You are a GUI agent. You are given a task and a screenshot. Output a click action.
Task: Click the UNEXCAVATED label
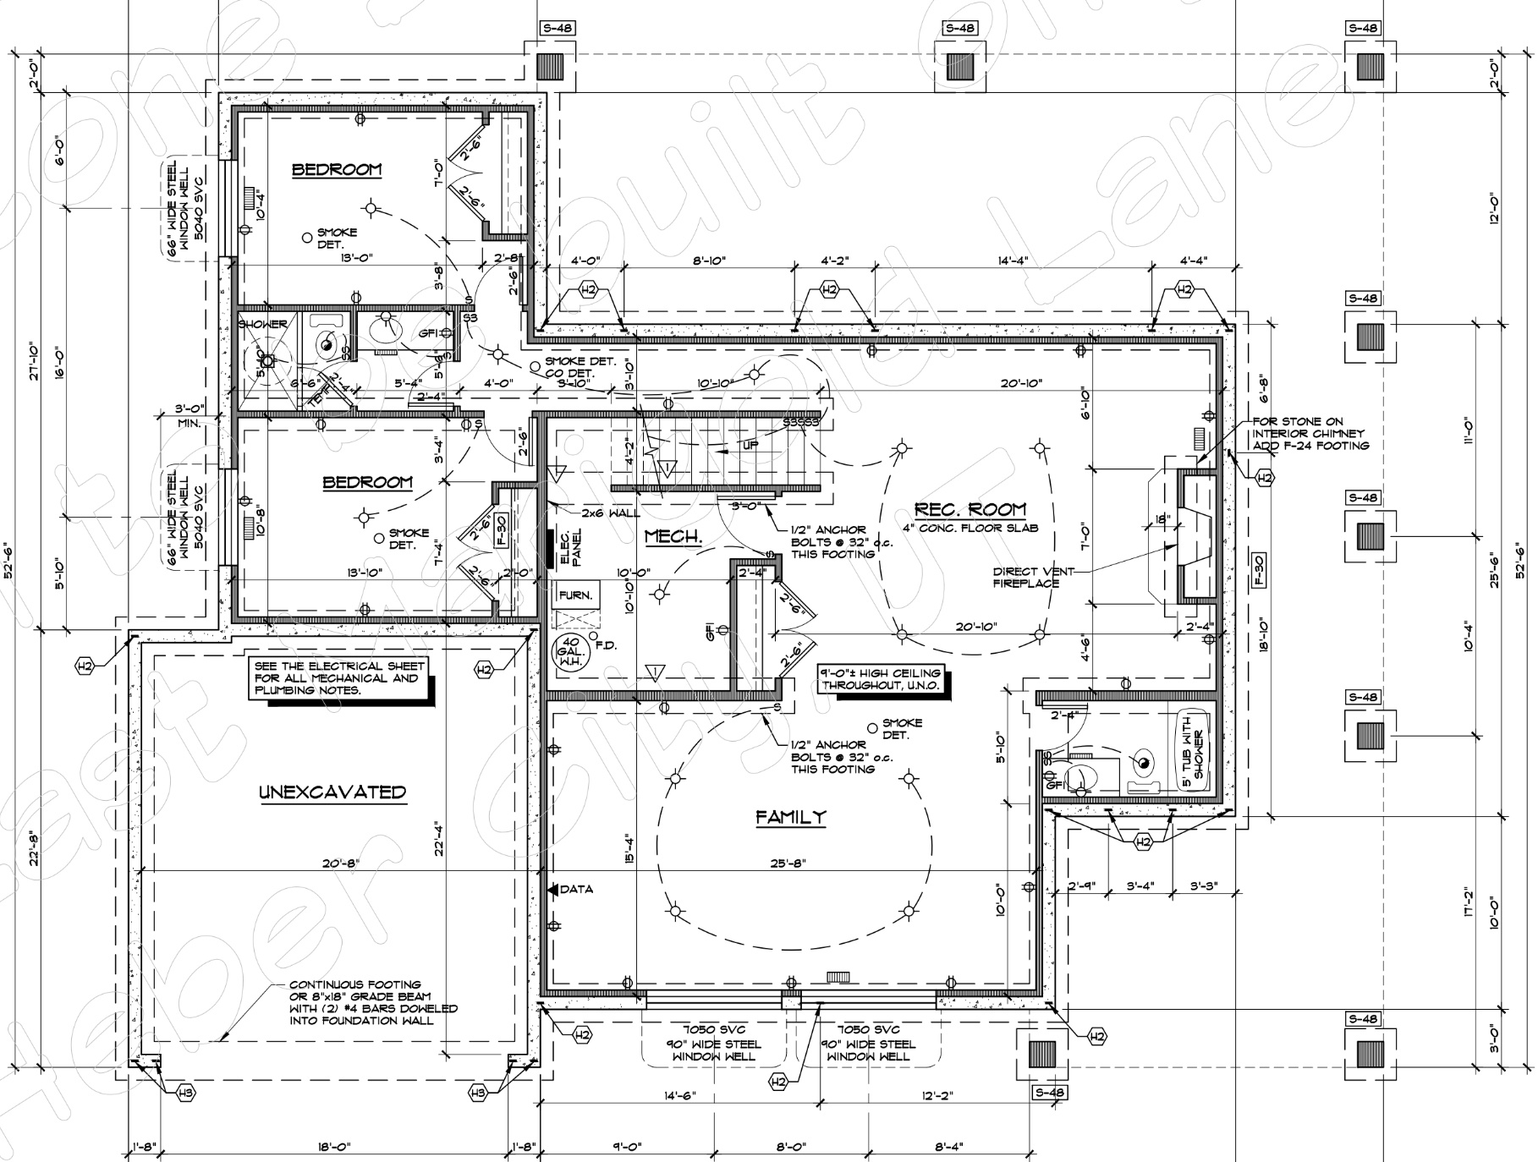[332, 792]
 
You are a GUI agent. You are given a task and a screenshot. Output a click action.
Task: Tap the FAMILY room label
[790, 817]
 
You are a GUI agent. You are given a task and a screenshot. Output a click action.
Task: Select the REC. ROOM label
[969, 509]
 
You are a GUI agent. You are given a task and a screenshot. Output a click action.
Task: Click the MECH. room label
[673, 536]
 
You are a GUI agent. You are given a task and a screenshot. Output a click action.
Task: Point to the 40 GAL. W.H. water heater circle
[568, 652]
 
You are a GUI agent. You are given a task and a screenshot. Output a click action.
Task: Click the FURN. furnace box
[576, 595]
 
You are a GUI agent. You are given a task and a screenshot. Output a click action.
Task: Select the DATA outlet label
[575, 889]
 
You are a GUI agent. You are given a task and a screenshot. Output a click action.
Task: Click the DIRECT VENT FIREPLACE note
[1026, 577]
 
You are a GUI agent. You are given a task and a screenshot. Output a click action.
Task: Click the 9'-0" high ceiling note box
[880, 680]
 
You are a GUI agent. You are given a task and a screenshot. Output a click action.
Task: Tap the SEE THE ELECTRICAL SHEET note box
[339, 677]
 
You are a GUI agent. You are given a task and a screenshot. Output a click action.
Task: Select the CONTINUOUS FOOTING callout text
[372, 1002]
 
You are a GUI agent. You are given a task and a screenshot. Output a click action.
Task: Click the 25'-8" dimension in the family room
[789, 863]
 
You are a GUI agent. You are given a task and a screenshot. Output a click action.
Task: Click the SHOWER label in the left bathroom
[262, 324]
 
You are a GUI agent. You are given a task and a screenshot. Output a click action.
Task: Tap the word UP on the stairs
[750, 444]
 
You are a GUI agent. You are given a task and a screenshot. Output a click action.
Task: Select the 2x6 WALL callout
[610, 512]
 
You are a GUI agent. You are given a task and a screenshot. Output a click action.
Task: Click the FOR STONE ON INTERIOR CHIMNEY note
[1310, 433]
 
